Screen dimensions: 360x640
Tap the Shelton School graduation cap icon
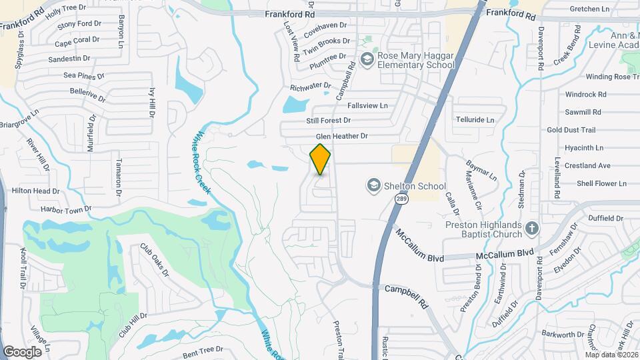point(374,185)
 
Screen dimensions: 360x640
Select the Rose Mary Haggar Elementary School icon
point(366,60)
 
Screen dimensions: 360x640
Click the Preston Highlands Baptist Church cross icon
point(531,229)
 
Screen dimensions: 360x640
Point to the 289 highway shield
point(401,199)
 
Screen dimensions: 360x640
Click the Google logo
point(23,351)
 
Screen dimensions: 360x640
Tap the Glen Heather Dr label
point(341,137)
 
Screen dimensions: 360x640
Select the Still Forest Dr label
point(328,121)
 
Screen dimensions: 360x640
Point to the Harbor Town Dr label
point(65,209)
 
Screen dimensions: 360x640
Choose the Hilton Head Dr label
point(36,191)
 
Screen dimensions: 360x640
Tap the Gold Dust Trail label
point(571,130)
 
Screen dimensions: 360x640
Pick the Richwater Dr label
point(310,86)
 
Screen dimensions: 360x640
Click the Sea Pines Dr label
point(84,76)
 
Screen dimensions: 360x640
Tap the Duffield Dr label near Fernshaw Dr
point(606,218)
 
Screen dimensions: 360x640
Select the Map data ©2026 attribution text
point(611,354)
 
